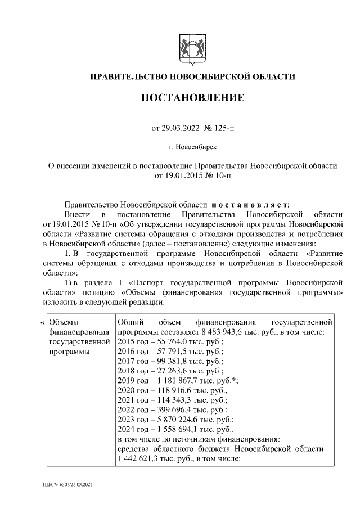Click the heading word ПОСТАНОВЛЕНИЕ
pos(192,98)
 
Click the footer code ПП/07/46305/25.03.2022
pos(70,484)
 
